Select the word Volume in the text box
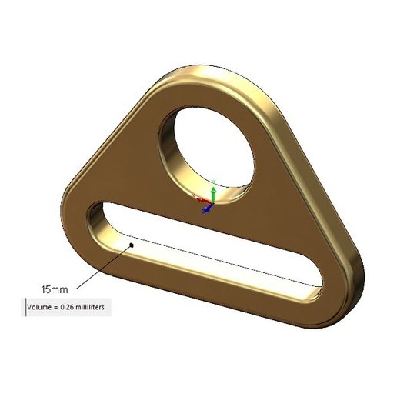(43, 307)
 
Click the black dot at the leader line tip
(132, 245)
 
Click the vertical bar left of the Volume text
(24, 307)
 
